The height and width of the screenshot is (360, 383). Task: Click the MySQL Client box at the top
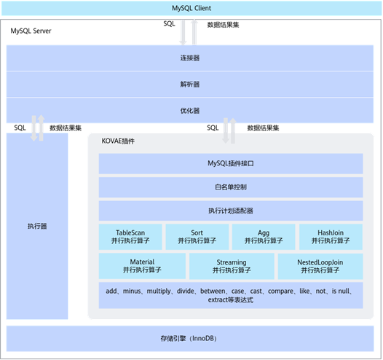coord(191,8)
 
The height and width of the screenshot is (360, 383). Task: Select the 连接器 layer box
coord(190,58)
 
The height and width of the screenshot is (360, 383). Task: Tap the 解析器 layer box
coord(190,85)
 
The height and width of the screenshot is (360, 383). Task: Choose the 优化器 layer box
coord(190,111)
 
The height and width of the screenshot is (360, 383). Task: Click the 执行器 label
coord(37,226)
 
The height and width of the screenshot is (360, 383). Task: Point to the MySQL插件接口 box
coord(231,163)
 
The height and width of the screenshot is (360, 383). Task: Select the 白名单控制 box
coord(231,187)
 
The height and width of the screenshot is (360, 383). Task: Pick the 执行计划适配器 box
coord(231,211)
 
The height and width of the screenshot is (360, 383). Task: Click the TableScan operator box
coord(130,237)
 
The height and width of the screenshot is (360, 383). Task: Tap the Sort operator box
coord(197,237)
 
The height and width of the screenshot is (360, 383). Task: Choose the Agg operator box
coord(264,237)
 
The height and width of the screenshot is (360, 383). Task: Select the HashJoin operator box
coord(331,237)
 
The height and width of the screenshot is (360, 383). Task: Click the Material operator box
coord(142,266)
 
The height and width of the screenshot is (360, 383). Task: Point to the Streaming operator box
coord(232,266)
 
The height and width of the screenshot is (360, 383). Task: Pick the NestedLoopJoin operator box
coord(320,266)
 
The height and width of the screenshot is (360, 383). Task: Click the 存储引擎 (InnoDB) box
coord(190,338)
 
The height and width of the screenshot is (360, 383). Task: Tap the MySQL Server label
coord(31,31)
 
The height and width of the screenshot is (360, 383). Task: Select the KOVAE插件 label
coord(118,141)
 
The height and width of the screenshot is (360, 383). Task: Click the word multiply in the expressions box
coord(159,291)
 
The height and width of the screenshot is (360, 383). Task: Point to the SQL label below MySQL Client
coord(169,24)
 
